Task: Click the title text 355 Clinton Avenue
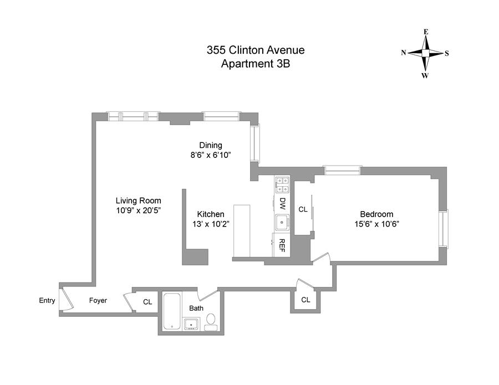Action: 255,50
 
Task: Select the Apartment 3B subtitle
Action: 255,64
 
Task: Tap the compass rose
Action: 425,54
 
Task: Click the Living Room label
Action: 138,201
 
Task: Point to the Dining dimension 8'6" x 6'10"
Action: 211,155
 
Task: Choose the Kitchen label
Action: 211,214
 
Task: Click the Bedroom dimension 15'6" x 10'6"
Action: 376,224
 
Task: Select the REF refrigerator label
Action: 282,244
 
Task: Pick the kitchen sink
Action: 282,223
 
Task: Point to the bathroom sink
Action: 191,324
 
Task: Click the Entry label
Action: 47,301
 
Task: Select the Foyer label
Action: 98,301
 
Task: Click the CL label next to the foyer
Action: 147,302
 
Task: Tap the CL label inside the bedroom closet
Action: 303,209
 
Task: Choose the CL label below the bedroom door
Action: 305,300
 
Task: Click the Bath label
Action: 196,308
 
